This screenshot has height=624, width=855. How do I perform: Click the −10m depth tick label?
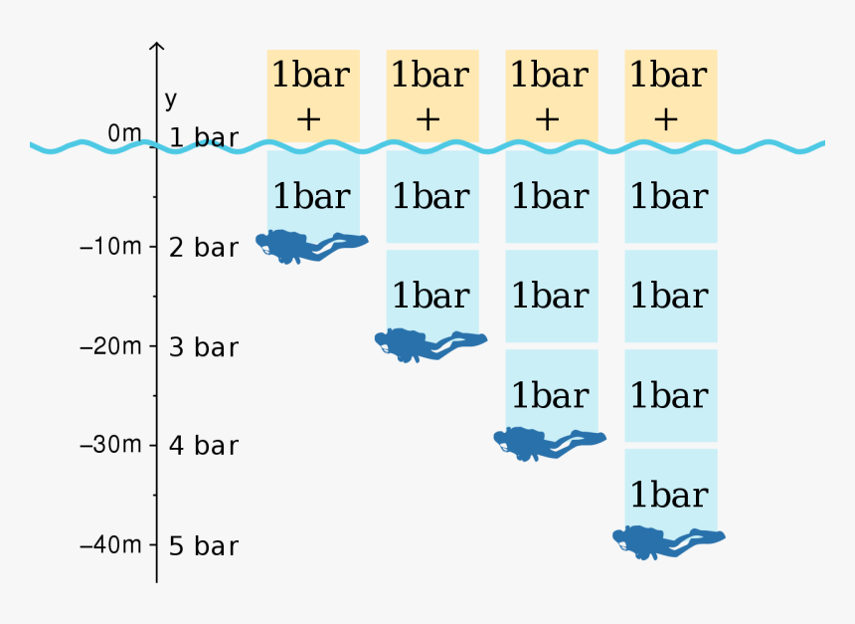point(110,247)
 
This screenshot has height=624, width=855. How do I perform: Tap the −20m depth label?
point(110,346)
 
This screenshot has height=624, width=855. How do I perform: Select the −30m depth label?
point(110,445)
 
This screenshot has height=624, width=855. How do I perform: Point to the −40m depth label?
point(110,544)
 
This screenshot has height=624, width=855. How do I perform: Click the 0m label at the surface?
point(124,132)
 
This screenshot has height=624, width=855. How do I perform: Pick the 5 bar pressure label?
point(204,546)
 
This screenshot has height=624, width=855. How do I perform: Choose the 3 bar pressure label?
point(204,347)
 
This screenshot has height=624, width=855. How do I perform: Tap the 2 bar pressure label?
point(204,248)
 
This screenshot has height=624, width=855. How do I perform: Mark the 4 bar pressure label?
point(204,446)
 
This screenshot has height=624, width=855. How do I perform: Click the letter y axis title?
point(171,100)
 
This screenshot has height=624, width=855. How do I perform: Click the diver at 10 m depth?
point(312,247)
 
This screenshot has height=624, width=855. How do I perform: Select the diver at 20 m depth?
point(430,345)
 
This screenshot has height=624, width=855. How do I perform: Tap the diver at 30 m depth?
point(550,444)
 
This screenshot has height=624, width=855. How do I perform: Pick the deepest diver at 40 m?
point(668,542)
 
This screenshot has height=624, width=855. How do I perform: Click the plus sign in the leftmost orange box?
point(309,119)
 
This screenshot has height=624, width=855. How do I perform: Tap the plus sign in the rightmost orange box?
point(666,119)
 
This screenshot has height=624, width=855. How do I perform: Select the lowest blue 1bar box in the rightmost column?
point(671,490)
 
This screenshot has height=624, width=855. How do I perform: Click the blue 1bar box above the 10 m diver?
point(313,192)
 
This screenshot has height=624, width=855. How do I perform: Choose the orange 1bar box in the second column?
point(432,97)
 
